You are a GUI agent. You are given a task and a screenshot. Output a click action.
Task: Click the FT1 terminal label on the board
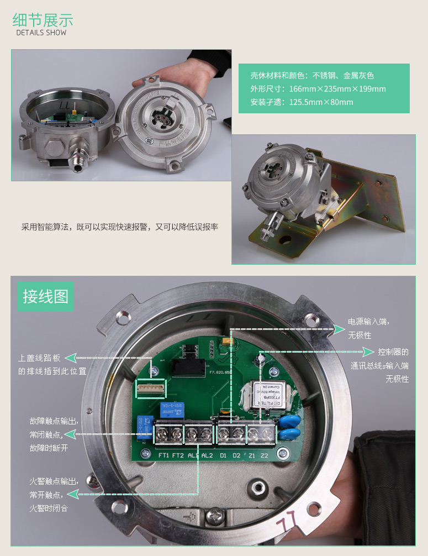pos(163,455)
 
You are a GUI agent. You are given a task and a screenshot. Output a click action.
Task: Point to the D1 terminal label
pos(223,455)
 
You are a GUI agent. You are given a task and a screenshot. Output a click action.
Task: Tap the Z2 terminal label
pos(265,455)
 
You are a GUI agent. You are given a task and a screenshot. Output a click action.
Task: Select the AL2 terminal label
pos(207,455)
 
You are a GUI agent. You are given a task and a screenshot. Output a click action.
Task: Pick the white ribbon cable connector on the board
pos(151,389)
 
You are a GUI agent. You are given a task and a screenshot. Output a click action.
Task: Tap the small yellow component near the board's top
pos(226,343)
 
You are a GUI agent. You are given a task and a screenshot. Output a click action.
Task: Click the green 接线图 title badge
pos(45,296)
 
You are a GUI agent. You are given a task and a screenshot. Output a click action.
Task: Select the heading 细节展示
pos(43,20)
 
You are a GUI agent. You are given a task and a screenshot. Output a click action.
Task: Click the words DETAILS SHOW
pos(41,33)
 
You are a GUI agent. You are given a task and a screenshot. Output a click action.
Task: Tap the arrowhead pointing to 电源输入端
pos(339,329)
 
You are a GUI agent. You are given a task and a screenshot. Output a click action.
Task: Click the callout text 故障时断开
pos(49,448)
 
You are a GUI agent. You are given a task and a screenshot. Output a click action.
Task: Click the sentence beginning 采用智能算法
pos(120,227)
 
